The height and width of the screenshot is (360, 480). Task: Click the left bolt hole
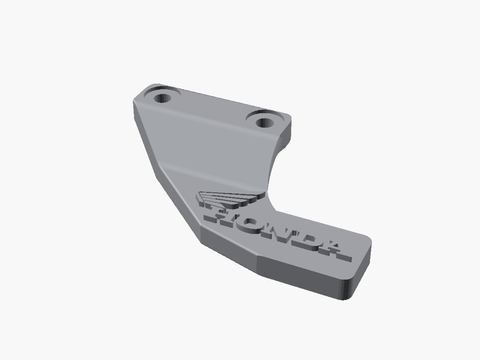coord(162,98)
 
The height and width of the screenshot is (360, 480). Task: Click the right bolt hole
coord(264,123)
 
